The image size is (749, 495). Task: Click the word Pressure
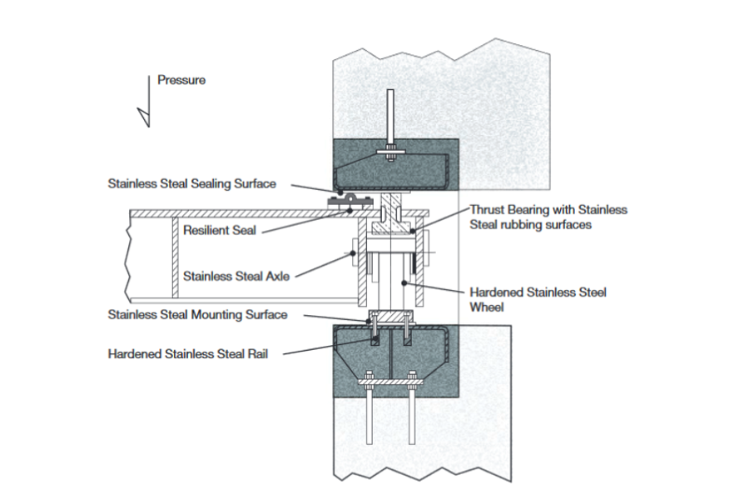point(181,81)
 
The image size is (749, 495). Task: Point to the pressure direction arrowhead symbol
point(145,116)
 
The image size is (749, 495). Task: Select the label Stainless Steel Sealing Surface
point(191,183)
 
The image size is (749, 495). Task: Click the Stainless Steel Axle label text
point(236,276)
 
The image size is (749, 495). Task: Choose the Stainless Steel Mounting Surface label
point(197,314)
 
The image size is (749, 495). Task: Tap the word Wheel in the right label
point(486,306)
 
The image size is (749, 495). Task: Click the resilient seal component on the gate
point(349,200)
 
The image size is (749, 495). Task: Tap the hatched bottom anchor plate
point(390,382)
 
